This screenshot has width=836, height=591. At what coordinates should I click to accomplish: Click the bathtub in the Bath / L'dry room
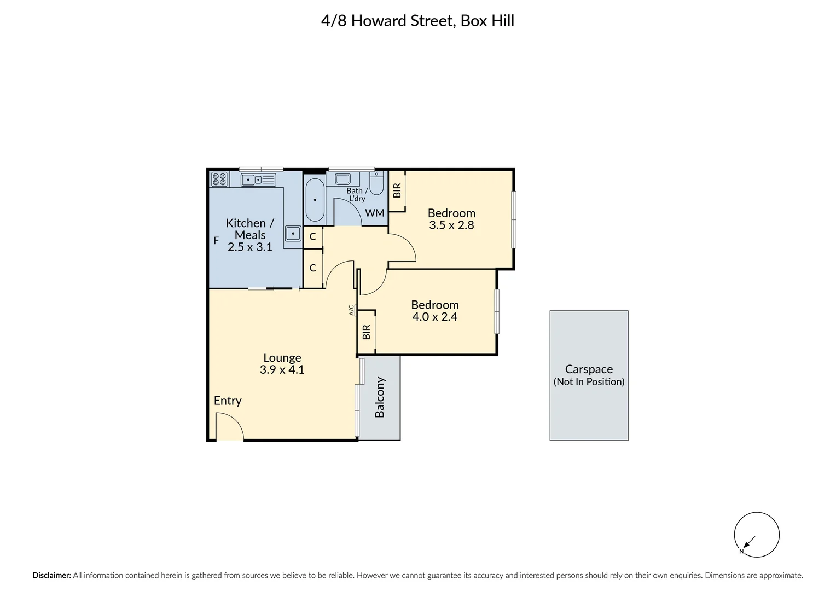pyautogui.click(x=315, y=200)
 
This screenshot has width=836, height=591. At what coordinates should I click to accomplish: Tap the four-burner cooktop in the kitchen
pyautogui.click(x=219, y=179)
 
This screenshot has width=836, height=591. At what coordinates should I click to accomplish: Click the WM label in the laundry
pyautogui.click(x=374, y=213)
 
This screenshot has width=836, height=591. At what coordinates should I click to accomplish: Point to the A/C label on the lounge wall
pyautogui.click(x=351, y=310)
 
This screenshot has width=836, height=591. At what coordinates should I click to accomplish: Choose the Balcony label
pyautogui.click(x=379, y=397)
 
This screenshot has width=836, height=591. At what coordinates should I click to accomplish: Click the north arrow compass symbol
pyautogui.click(x=757, y=535)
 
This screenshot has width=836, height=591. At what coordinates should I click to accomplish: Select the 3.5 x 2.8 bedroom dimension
pyautogui.click(x=451, y=225)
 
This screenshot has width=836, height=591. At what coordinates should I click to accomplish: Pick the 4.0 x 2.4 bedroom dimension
pyautogui.click(x=434, y=317)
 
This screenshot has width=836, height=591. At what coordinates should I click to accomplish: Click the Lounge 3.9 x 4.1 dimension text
pyautogui.click(x=282, y=369)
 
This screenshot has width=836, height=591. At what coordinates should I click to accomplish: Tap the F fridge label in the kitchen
pyautogui.click(x=216, y=241)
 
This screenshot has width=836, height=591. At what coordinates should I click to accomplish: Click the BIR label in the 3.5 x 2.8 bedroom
pyautogui.click(x=397, y=190)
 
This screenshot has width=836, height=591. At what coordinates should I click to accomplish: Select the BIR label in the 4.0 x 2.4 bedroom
pyautogui.click(x=366, y=332)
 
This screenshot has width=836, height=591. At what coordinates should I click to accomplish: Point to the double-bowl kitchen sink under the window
pyautogui.click(x=258, y=180)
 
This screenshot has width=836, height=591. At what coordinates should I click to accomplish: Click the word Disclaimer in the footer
pyautogui.click(x=51, y=575)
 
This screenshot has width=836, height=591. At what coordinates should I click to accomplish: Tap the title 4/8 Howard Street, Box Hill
pyautogui.click(x=417, y=21)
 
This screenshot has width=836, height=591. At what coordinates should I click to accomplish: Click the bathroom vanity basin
pyautogui.click(x=342, y=179)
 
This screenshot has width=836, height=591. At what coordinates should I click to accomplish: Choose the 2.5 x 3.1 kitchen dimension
pyautogui.click(x=249, y=247)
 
